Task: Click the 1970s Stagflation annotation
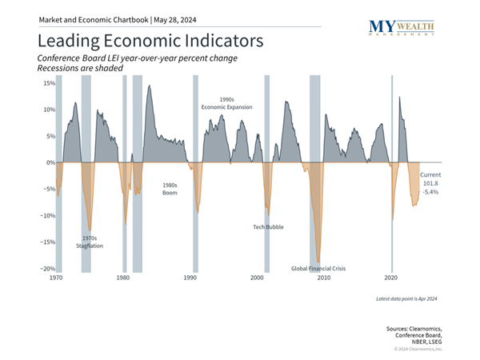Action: (x=91, y=242)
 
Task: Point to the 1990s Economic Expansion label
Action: (x=228, y=102)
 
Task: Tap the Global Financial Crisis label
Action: (x=319, y=269)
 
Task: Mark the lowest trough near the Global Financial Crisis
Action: (x=318, y=261)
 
